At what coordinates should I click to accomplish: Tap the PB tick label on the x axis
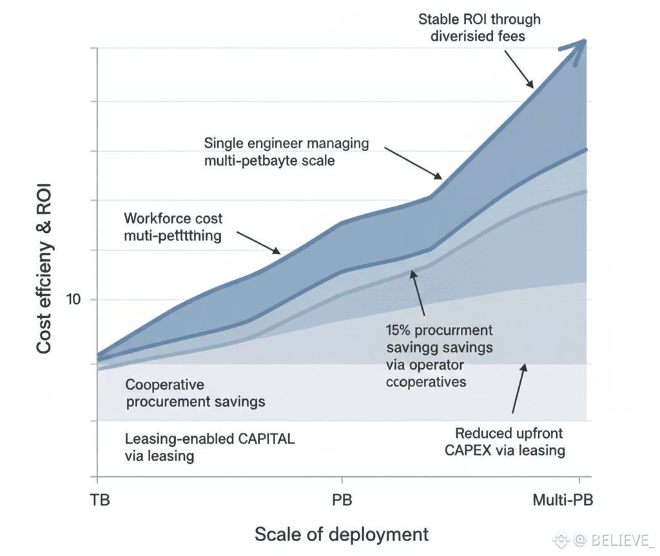point(342,501)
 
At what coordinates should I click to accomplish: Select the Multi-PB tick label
point(563,501)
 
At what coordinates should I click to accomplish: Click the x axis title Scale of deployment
point(342,534)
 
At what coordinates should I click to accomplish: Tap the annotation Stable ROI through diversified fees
point(480,27)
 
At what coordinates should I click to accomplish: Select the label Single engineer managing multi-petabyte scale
point(286,151)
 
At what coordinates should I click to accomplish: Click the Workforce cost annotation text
point(173,227)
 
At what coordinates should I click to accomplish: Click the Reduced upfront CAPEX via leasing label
point(505,441)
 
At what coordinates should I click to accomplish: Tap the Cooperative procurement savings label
point(195,393)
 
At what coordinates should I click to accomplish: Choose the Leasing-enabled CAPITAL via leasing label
point(209,448)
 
